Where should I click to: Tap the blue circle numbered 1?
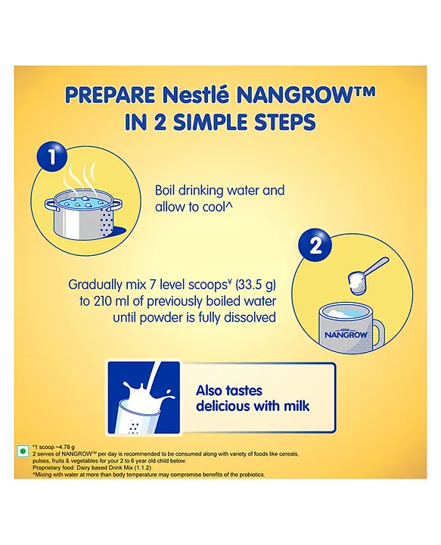pos(51,156)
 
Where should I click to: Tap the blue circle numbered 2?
pos(315,246)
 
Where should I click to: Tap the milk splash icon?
pos(144,397)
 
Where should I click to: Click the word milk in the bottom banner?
pos(295,406)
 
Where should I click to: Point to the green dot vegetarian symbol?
pos(23,452)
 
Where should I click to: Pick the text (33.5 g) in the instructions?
pos(256,285)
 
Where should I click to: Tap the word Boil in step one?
pos(165,190)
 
